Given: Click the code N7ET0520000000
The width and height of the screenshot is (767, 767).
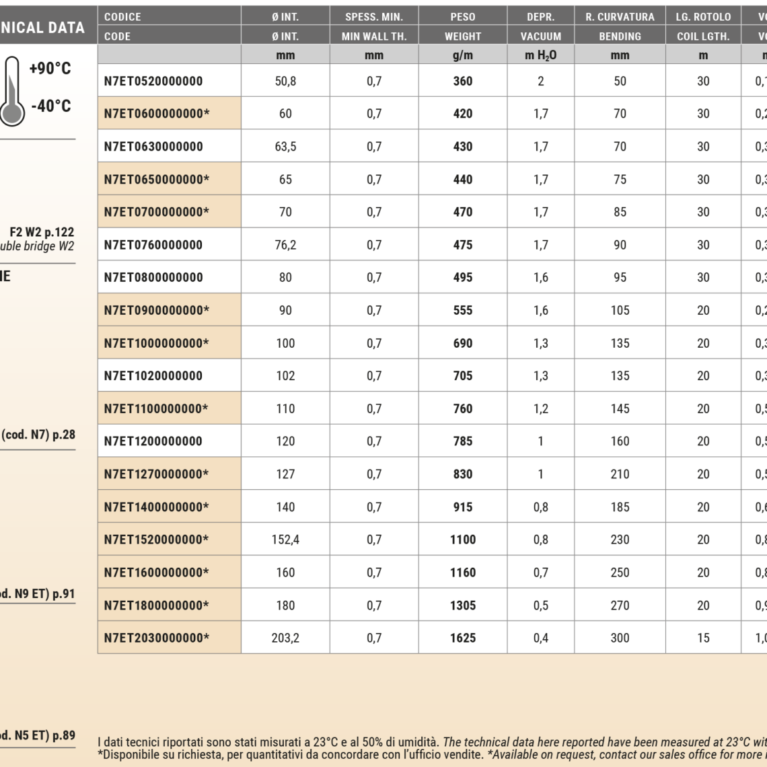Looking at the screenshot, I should pyautogui.click(x=153, y=81).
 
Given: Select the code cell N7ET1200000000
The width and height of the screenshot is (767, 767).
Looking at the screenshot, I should pyautogui.click(x=153, y=441).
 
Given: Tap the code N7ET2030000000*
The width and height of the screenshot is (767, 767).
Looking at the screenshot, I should pyautogui.click(x=156, y=638).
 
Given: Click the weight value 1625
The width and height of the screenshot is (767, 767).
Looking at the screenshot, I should pyautogui.click(x=463, y=638).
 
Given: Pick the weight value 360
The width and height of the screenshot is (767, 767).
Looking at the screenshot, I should pyautogui.click(x=463, y=81).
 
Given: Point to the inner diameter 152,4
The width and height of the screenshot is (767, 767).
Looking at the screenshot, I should pyautogui.click(x=285, y=540).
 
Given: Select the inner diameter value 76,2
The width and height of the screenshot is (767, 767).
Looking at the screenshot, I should pyautogui.click(x=285, y=245).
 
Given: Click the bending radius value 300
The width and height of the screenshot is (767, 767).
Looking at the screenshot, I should pyautogui.click(x=620, y=638).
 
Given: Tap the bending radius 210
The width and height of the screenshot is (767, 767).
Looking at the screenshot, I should pyautogui.click(x=620, y=474).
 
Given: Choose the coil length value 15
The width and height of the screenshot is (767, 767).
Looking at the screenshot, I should pyautogui.click(x=703, y=638).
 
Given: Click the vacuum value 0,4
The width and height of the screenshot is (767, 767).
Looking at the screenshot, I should pyautogui.click(x=541, y=638).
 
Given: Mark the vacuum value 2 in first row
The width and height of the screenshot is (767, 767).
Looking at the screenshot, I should pyautogui.click(x=541, y=81).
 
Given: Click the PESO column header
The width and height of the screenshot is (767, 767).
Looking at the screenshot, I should pyautogui.click(x=463, y=17).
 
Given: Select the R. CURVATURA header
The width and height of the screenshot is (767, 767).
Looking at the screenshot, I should pyautogui.click(x=620, y=17).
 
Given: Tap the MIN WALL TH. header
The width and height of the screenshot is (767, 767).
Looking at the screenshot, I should pyautogui.click(x=374, y=36).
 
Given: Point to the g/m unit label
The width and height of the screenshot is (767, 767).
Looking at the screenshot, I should pyautogui.click(x=463, y=55).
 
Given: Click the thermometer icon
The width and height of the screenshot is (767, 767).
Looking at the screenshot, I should pyautogui.click(x=12, y=91).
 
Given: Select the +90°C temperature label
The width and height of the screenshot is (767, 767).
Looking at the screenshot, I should pyautogui.click(x=50, y=68).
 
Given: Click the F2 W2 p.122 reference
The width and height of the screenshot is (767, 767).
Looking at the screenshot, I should pyautogui.click(x=42, y=232).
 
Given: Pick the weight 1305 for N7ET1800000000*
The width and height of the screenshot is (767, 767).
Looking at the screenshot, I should pyautogui.click(x=463, y=606).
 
